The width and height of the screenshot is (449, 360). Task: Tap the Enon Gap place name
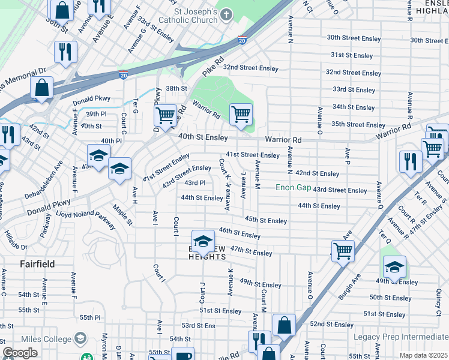click(293, 188)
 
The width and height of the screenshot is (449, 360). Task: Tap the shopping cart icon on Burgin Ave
click(342, 250)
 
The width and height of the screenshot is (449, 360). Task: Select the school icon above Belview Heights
click(203, 241)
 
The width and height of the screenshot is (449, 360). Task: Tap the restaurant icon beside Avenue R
click(411, 161)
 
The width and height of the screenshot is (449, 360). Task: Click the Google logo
click(20, 353)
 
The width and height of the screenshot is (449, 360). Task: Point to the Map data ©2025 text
click(423, 355)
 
